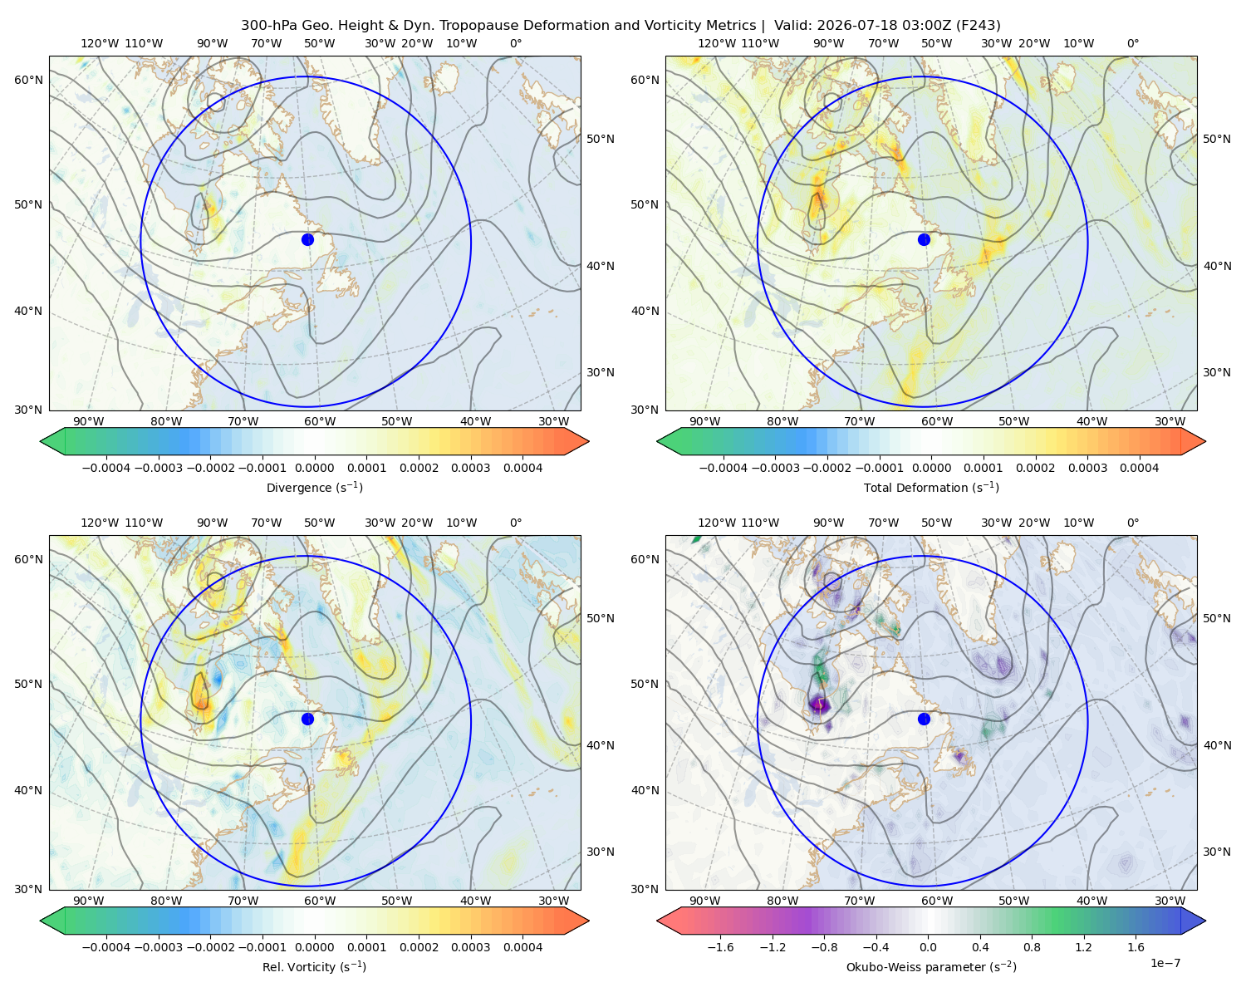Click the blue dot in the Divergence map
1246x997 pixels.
tap(307, 239)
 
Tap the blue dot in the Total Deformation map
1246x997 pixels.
tap(924, 239)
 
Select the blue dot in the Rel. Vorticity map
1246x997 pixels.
tap(307, 719)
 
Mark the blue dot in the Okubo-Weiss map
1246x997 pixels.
tap(924, 719)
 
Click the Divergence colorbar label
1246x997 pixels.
tap(314, 487)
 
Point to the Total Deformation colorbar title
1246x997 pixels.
tap(931, 487)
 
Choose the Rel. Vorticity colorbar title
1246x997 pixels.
tap(314, 966)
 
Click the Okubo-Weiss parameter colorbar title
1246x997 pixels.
tap(931, 966)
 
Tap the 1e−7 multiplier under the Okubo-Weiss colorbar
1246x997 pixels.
tap(1165, 963)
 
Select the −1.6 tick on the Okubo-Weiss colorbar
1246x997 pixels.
tap(720, 946)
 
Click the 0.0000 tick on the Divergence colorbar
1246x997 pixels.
tap(314, 468)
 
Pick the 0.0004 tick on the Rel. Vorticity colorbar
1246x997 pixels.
tap(522, 946)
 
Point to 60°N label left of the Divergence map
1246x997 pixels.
tap(28, 80)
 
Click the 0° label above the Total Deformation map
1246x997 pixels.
tap(1132, 43)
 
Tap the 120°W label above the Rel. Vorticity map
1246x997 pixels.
tap(100, 523)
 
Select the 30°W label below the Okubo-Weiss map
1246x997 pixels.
tap(1170, 901)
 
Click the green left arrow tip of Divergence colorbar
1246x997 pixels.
tap(41, 441)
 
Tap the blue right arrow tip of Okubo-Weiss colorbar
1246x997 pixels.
tap(1205, 921)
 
